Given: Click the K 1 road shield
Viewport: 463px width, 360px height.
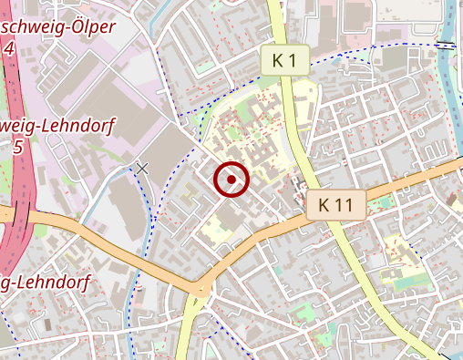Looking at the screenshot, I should tap(283, 61).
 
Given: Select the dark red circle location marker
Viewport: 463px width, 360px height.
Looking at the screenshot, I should tap(232, 180).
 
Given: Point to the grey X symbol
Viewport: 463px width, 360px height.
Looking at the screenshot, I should tap(140, 168).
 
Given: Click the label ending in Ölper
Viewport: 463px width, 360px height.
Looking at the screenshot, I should tap(58, 26).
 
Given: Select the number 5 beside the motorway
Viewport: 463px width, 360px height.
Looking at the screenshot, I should tap(17, 145).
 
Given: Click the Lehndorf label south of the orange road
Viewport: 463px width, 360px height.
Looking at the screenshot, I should tap(46, 282).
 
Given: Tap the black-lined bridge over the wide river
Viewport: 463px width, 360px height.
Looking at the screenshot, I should tap(446, 45).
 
